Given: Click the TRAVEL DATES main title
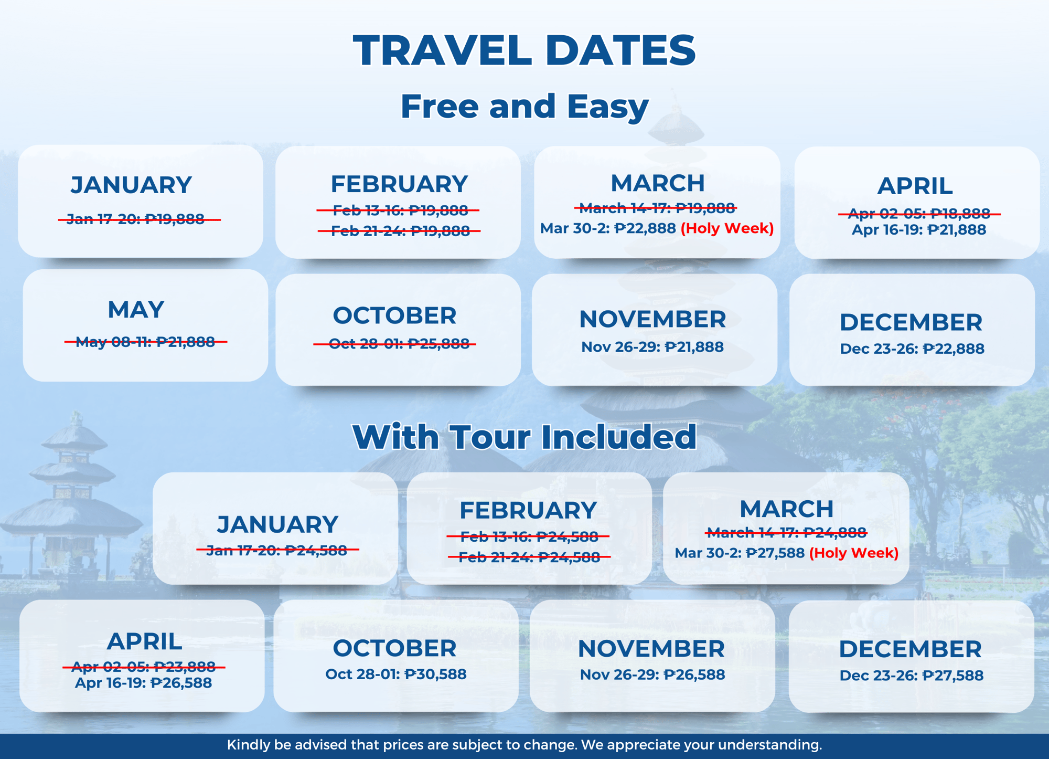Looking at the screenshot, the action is [524, 50].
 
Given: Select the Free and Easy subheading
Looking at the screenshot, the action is [524, 107].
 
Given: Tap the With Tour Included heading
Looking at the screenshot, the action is [524, 437].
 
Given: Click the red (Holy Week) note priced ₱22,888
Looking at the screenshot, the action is [727, 228].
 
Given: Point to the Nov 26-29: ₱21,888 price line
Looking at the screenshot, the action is [652, 347].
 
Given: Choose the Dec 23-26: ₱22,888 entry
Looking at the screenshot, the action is [912, 349].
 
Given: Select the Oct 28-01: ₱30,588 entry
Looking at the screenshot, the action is [396, 674].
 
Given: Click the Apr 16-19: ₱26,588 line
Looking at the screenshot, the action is [143, 683].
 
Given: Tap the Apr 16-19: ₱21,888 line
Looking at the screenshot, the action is [919, 229].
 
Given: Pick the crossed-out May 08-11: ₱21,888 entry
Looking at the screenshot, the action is [145, 342].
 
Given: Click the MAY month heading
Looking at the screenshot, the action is [136, 310].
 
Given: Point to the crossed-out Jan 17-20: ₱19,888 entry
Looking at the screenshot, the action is [139, 219].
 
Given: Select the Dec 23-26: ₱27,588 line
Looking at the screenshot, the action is [912, 676].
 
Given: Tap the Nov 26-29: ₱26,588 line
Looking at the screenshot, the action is [652, 674].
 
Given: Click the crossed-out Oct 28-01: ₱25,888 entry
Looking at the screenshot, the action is [394, 344].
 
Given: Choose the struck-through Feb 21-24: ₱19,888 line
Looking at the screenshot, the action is [399, 231].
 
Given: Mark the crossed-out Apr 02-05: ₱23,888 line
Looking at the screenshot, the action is [144, 667].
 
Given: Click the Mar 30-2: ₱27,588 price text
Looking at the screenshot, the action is [740, 553].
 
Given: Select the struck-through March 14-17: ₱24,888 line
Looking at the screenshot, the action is [786, 533].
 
